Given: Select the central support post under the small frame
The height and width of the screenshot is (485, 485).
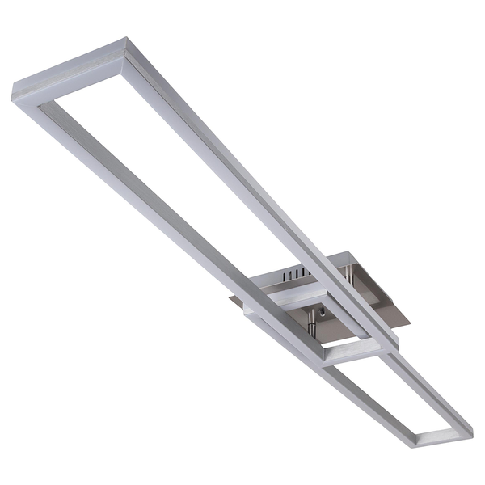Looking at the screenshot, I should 310,321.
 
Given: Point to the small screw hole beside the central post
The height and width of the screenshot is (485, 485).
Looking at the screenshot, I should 323,310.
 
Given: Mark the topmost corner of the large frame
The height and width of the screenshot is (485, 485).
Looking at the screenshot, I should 125,38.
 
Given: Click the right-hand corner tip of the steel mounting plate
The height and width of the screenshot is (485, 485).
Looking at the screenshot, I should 410,323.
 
